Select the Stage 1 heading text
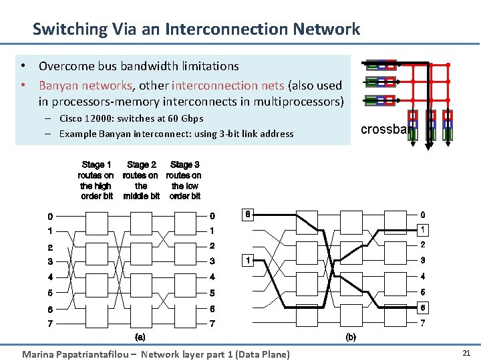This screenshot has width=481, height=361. click(96, 164)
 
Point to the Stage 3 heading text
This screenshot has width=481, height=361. click(185, 164)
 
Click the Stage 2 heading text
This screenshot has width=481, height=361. click(141, 164)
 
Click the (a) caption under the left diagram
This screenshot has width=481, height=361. click(140, 337)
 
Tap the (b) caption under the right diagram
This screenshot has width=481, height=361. click(351, 337)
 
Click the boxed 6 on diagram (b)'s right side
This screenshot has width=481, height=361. click(422, 307)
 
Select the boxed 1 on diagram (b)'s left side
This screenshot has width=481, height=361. click(248, 260)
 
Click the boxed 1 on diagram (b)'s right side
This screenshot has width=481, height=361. click(422, 230)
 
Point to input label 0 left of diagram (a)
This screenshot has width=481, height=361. click(50, 217)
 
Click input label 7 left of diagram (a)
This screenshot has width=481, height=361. click(50, 324)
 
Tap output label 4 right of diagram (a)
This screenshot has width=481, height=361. click(212, 276)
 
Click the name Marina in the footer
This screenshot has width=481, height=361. click(37, 354)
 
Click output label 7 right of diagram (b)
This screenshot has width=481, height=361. click(422, 324)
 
